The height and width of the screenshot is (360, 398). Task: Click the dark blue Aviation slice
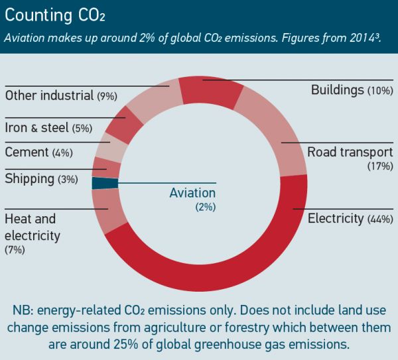(105, 183)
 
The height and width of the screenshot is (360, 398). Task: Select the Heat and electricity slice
(109, 207)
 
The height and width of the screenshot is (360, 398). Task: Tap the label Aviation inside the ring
(192, 193)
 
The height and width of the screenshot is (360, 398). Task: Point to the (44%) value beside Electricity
(380, 219)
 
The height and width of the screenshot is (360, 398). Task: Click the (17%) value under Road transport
(380, 166)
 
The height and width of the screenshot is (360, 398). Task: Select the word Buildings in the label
(338, 90)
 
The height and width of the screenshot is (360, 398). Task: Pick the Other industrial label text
(49, 95)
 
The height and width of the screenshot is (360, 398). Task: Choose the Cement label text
(27, 152)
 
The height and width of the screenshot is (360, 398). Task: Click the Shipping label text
(29, 178)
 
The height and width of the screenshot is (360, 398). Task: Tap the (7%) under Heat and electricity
(15, 250)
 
